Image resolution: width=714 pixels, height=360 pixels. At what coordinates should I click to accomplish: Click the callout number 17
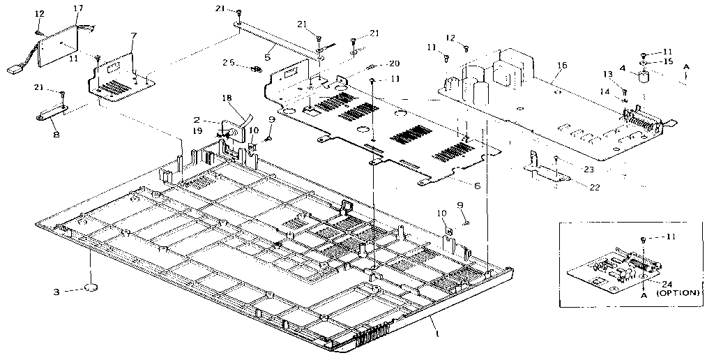(79, 8)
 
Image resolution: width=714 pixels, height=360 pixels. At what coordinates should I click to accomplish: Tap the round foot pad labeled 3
(92, 287)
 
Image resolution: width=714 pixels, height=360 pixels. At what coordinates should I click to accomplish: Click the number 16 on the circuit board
(562, 66)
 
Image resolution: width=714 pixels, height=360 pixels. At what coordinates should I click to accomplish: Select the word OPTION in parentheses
(678, 293)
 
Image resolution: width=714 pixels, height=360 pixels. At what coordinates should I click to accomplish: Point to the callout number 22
(594, 187)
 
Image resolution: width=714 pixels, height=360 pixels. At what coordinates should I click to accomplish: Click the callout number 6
(477, 186)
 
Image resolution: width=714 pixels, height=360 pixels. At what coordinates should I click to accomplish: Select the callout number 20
(395, 63)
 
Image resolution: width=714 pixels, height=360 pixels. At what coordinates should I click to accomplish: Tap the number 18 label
(228, 98)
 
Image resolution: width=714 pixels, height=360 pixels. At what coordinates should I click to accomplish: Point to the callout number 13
(608, 74)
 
